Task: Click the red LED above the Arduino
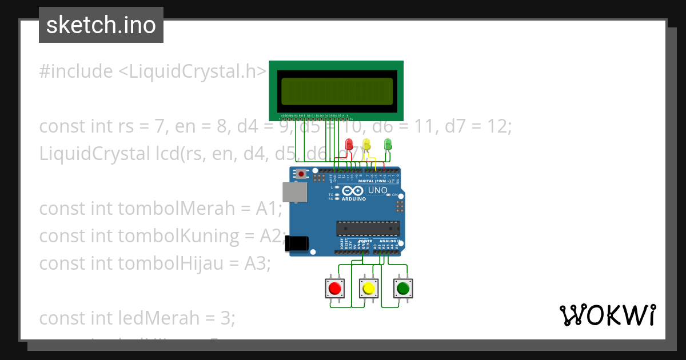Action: pyautogui.click(x=350, y=144)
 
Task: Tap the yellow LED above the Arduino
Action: pyautogui.click(x=367, y=144)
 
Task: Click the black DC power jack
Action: pyautogui.click(x=298, y=243)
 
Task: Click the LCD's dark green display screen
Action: pyautogui.click(x=337, y=91)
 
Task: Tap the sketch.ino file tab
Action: pyautogui.click(x=101, y=25)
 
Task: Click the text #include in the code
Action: pyautogui.click(x=76, y=71)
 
